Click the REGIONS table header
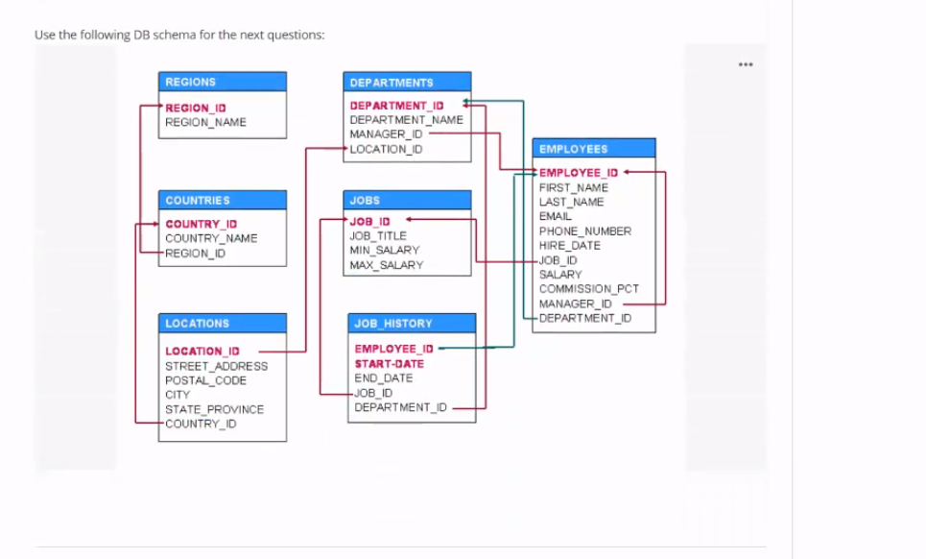pos(222,82)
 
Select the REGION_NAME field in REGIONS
pos(205,122)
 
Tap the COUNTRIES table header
pos(222,200)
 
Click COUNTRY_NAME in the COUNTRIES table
pos(211,238)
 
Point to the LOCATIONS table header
pos(222,323)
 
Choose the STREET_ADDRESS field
pos(216,366)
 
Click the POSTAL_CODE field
pos(205,380)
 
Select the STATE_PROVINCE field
pos(214,409)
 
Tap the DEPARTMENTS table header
pos(407,83)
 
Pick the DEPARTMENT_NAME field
pos(406,120)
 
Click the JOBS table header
pos(407,200)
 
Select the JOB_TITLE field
pos(378,235)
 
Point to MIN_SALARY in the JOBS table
pos(384,250)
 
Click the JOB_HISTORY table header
pos(411,323)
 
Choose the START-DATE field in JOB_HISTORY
pos(389,364)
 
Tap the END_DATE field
pos(383,378)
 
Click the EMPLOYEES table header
pos(593,149)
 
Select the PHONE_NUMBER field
pos(584,231)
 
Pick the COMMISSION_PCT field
pos(588,288)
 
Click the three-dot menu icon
pos(747,64)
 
